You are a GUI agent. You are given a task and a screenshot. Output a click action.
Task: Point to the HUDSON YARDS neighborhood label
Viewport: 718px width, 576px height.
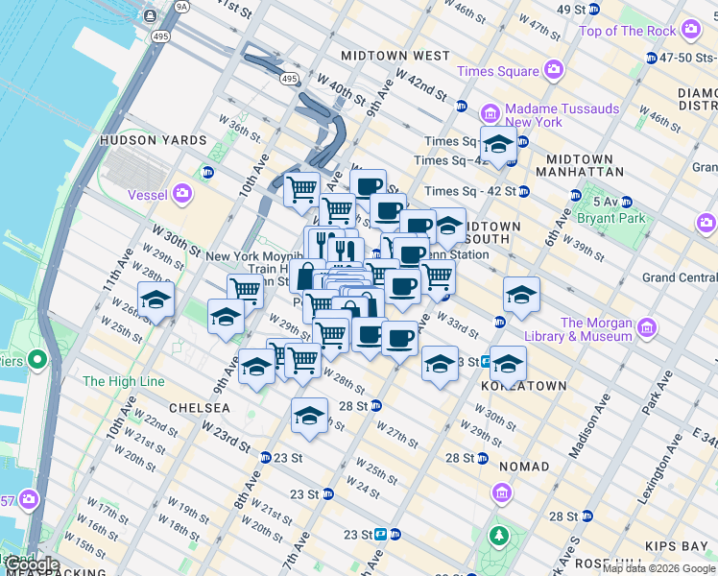pyautogui.click(x=154, y=140)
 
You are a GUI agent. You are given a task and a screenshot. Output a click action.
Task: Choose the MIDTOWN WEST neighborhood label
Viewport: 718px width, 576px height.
pyautogui.click(x=395, y=57)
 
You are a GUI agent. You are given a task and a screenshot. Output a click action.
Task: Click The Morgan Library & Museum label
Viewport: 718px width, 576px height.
pyautogui.click(x=596, y=329)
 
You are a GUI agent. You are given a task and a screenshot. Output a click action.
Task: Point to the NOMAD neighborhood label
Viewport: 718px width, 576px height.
pyautogui.click(x=524, y=467)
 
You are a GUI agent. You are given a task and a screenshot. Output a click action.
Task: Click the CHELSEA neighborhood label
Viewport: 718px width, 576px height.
pyautogui.click(x=199, y=408)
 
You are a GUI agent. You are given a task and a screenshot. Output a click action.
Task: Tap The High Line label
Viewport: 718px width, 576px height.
pyautogui.click(x=124, y=381)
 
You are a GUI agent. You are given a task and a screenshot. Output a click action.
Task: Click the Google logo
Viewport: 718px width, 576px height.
pyautogui.click(x=31, y=564)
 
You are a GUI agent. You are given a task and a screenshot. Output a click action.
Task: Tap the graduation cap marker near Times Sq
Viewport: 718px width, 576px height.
pyautogui.click(x=498, y=145)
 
